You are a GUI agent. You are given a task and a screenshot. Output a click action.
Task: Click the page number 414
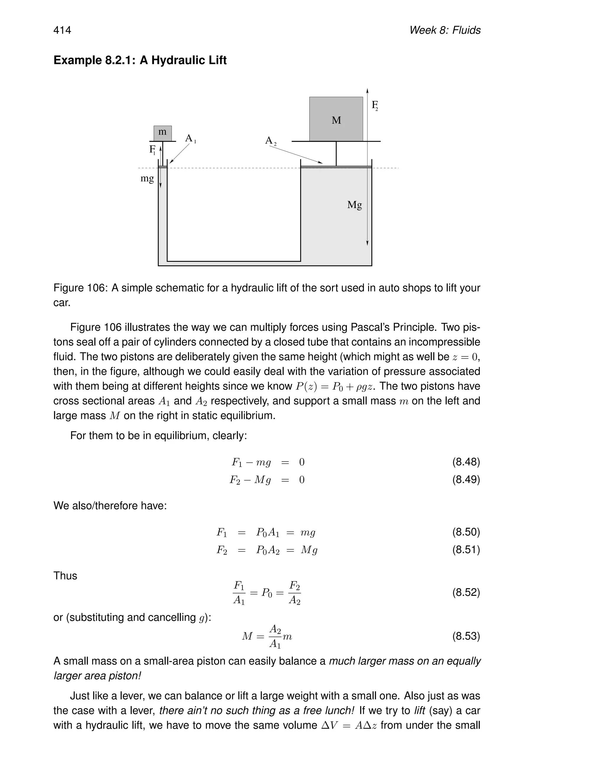tap(62, 30)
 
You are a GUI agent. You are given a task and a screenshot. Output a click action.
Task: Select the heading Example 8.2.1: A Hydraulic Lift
tap(140, 60)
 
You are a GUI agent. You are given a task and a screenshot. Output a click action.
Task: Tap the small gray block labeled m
tap(162, 133)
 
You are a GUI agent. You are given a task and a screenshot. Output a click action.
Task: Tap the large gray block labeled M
tap(336, 119)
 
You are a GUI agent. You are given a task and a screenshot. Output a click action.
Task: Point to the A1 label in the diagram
tap(190, 139)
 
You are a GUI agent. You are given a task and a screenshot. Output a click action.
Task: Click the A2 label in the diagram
tap(271, 141)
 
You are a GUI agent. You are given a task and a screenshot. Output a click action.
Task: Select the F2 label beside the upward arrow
tap(375, 105)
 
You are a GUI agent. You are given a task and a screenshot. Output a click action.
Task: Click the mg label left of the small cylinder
tap(147, 178)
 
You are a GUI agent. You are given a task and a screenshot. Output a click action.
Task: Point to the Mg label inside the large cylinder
tap(354, 205)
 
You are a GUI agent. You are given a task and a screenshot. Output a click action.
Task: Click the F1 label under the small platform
tap(152, 150)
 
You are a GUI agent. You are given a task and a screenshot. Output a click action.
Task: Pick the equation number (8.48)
tap(466, 462)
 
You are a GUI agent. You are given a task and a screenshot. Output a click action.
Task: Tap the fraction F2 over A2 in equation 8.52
tap(295, 593)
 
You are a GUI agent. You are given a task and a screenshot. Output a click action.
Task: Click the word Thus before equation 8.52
tap(65, 576)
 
